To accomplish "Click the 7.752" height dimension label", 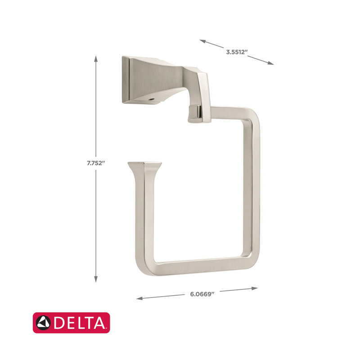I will (95, 163).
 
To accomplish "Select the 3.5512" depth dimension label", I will (237, 52).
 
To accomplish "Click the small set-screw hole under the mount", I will (151, 97).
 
